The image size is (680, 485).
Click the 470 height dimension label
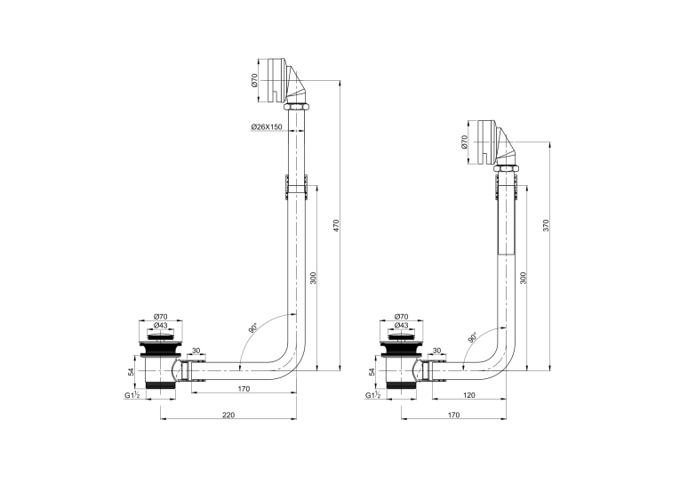[x=336, y=226]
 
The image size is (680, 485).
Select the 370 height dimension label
[x=546, y=225]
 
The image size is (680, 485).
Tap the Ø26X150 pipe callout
[x=267, y=126]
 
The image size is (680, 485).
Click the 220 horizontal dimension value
[x=228, y=415]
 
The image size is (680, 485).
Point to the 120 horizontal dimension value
[x=469, y=395]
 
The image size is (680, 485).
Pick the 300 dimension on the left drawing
[x=314, y=278]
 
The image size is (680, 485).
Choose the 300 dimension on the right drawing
[x=523, y=278]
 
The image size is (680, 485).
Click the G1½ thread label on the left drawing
[x=132, y=395]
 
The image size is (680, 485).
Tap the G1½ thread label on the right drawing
[x=373, y=395]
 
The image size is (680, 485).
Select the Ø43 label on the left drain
[x=161, y=326]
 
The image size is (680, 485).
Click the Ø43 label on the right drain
[x=402, y=326]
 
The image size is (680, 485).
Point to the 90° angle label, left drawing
[x=252, y=327]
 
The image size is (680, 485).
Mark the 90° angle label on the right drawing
[x=472, y=337]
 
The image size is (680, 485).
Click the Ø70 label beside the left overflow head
[x=254, y=80]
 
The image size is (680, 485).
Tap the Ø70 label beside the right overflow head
[x=465, y=142]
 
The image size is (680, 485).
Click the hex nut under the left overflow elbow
[x=296, y=108]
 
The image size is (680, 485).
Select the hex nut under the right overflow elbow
[x=506, y=169]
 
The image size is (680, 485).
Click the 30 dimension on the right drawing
[x=437, y=351]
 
